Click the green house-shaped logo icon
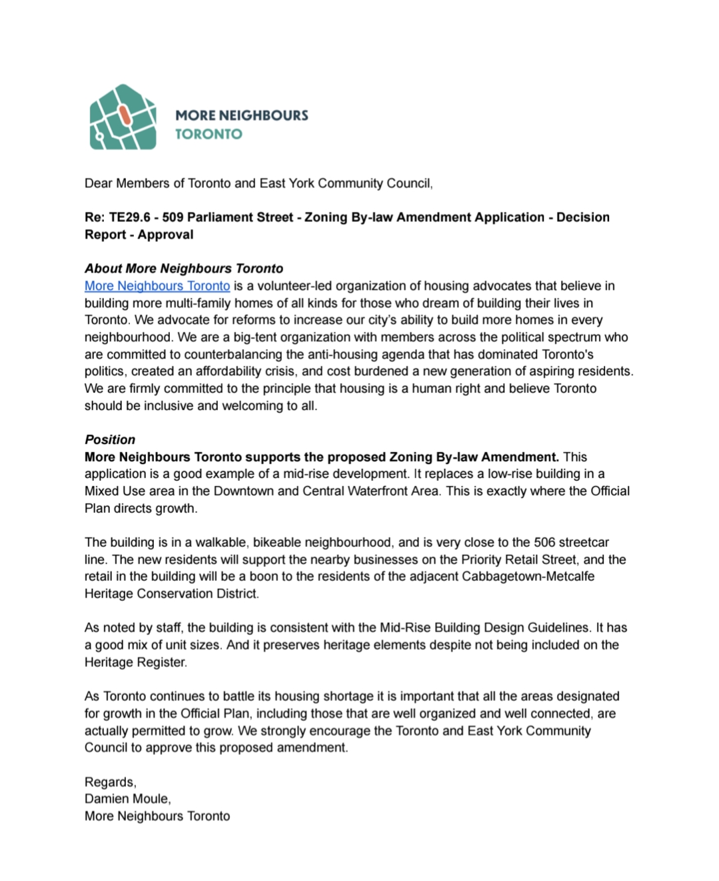coord(123,117)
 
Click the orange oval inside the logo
coord(123,114)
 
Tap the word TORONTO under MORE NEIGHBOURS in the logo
coord(209,134)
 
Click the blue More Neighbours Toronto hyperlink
coord(157,286)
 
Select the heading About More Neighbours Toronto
coord(184,269)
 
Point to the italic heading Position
coord(110,439)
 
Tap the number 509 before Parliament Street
coord(173,217)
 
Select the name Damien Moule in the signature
coord(127,799)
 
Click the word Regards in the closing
coord(109,782)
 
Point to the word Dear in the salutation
coord(99,183)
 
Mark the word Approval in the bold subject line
coord(166,235)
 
